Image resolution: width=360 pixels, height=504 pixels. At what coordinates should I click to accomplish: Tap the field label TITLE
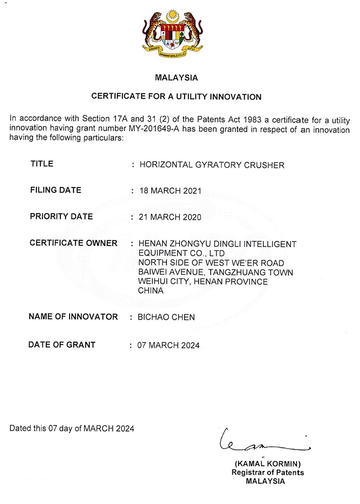42,164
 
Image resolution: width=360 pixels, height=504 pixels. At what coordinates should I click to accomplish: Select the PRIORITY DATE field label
61,217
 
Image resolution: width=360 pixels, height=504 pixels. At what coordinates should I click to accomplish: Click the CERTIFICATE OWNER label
73,243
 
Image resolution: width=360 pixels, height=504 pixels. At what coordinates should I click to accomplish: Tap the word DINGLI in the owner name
227,244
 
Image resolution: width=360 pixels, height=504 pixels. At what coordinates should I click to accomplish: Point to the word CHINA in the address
151,291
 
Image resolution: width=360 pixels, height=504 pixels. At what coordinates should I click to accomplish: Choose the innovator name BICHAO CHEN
166,317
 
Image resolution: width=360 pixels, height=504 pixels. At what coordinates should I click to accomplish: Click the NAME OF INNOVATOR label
73,317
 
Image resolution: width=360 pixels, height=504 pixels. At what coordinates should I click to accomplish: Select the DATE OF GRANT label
62,345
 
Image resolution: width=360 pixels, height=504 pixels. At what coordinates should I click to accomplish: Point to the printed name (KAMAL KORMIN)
268,463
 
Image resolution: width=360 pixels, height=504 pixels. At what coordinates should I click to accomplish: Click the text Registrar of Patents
268,472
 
